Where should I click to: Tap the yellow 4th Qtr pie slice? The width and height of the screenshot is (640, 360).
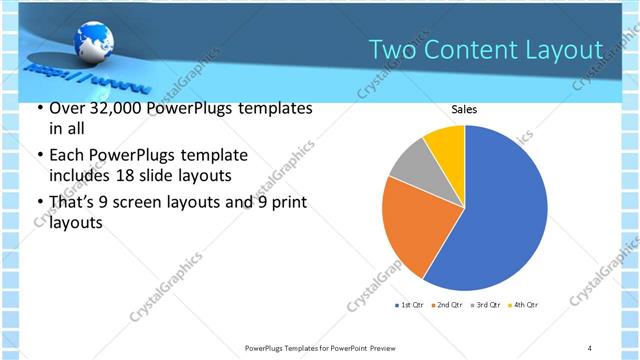(446, 144)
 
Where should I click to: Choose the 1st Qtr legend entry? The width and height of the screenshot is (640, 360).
(412, 304)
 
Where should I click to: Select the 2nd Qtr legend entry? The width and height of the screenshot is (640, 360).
(446, 304)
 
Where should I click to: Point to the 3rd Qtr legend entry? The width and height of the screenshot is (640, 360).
(484, 304)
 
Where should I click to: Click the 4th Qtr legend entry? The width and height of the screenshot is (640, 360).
(522, 304)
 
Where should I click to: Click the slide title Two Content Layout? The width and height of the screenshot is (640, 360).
(485, 50)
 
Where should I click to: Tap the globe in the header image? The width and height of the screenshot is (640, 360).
(92, 42)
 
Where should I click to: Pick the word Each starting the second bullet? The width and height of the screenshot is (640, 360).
(66, 156)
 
